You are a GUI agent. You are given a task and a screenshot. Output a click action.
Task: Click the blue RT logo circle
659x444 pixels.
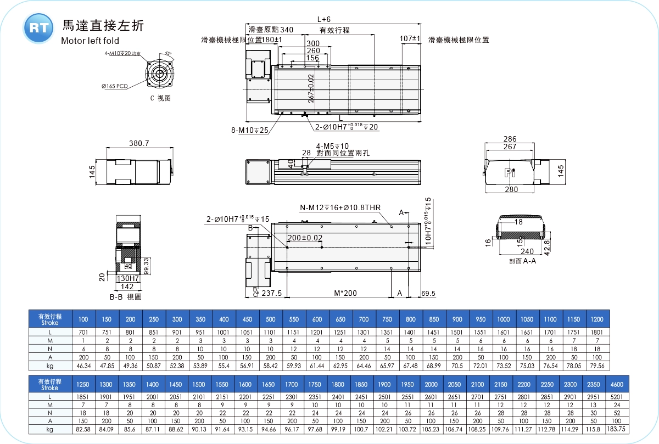click(38, 28)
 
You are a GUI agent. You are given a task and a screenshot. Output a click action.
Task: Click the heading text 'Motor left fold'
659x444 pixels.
click(90, 40)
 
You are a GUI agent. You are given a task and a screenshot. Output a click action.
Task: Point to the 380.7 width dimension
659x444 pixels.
click(139, 143)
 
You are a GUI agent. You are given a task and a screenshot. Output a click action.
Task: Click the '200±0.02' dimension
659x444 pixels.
click(305, 238)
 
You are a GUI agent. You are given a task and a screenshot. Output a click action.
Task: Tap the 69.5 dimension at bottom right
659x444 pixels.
click(428, 294)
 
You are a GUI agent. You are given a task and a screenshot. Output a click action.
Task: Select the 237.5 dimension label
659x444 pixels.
click(272, 294)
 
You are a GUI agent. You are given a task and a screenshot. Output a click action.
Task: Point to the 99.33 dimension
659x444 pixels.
click(147, 266)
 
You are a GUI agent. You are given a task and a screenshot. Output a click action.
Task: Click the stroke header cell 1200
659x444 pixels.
click(596, 319)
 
